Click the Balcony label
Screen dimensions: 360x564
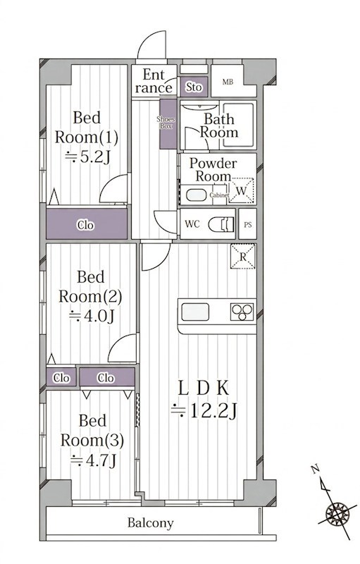tap(151, 522)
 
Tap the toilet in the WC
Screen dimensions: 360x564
tap(221, 224)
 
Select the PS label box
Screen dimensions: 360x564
tap(247, 224)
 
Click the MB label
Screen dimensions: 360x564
tap(228, 82)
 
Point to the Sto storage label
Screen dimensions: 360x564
tap(194, 87)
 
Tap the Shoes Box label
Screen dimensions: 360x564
tap(166, 123)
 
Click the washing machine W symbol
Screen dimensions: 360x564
tap(242, 190)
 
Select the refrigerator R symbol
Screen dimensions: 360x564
tap(243, 257)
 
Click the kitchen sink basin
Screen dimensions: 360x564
tap(195, 312)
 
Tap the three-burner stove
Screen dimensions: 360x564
tap(242, 312)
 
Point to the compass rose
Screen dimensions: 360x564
tap(337, 514)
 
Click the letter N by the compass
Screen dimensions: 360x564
tap(316, 469)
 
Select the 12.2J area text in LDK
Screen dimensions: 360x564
tap(204, 410)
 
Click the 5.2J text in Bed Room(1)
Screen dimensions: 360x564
tap(87, 157)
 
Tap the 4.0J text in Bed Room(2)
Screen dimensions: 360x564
tap(92, 316)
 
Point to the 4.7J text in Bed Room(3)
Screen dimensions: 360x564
tap(94, 460)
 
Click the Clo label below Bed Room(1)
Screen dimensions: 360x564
tap(86, 225)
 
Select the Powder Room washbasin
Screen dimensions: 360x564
tap(196, 195)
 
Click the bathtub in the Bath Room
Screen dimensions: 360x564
tap(238, 125)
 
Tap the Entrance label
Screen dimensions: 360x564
tap(154, 81)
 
